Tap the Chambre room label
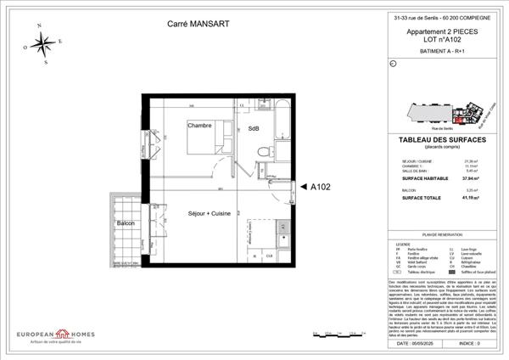199,125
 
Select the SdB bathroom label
254,128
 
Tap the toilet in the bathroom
264,150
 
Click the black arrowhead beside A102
304,187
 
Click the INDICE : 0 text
467,344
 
